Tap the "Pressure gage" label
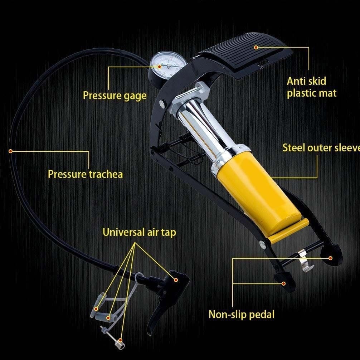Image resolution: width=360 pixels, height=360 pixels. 115,96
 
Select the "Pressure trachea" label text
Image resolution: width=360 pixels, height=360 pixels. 85,174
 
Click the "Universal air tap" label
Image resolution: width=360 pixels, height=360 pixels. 139,232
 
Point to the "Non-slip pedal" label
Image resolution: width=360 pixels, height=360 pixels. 242,315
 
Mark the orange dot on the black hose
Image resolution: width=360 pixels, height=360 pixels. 11,151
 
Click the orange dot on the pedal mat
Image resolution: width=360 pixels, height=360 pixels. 256,47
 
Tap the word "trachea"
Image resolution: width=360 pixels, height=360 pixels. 105,174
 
